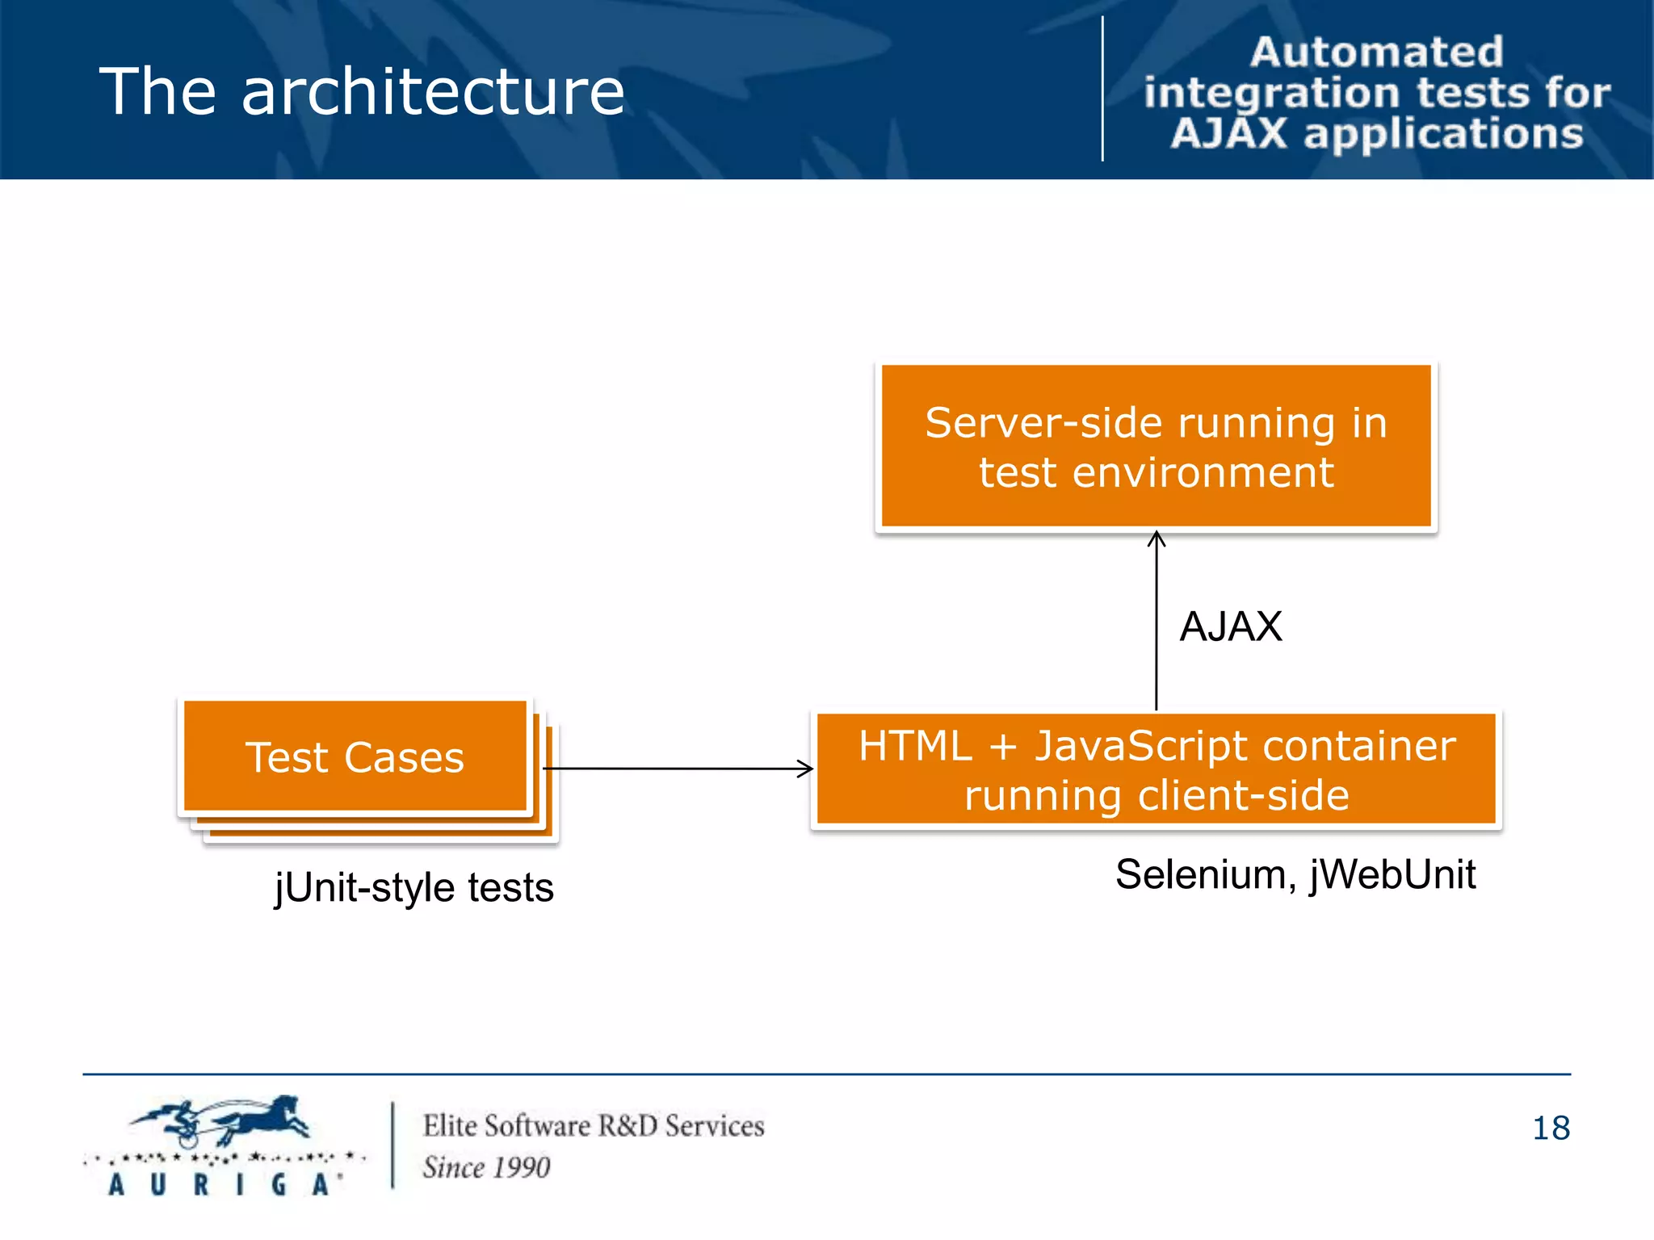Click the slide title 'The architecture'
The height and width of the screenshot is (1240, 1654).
tap(361, 91)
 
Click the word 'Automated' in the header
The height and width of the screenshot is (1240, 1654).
tap(1376, 52)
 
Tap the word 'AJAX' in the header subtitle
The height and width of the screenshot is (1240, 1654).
tap(1228, 133)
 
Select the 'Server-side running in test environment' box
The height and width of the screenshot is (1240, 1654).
tap(1156, 446)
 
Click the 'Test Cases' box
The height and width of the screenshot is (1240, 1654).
tap(355, 756)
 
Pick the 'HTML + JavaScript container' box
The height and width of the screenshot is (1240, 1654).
tap(1156, 769)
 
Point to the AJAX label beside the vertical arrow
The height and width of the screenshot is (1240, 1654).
tap(1230, 626)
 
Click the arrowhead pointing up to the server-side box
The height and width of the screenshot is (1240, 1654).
tap(1157, 538)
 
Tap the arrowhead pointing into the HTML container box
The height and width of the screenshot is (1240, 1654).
tap(805, 769)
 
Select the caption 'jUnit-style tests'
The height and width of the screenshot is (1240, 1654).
tap(413, 887)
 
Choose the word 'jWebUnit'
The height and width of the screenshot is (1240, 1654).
tap(1392, 874)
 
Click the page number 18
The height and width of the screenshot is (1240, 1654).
tap(1551, 1128)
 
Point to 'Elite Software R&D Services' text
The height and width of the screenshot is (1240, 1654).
tap(593, 1125)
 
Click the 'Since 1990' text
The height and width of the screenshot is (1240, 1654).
tap(486, 1167)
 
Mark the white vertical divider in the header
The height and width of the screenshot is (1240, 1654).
tap(1102, 89)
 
